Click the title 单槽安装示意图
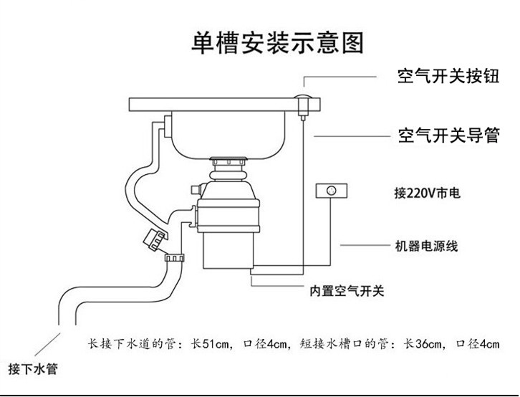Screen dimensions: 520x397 (x=278, y=42)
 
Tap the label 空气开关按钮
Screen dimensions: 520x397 (x=448, y=76)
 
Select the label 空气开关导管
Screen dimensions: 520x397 (x=448, y=135)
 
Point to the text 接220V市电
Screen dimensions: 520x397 (x=427, y=192)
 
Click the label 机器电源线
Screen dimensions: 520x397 (x=426, y=246)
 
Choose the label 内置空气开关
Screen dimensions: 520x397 (x=347, y=291)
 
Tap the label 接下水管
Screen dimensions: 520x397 (x=33, y=368)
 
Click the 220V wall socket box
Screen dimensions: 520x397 (x=332, y=191)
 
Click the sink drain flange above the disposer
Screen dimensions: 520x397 (x=229, y=161)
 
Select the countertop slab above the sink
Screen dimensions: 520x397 (x=224, y=105)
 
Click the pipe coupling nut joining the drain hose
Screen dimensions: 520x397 (x=174, y=257)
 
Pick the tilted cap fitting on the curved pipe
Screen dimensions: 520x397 (x=154, y=239)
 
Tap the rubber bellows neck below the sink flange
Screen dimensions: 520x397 (x=228, y=173)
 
